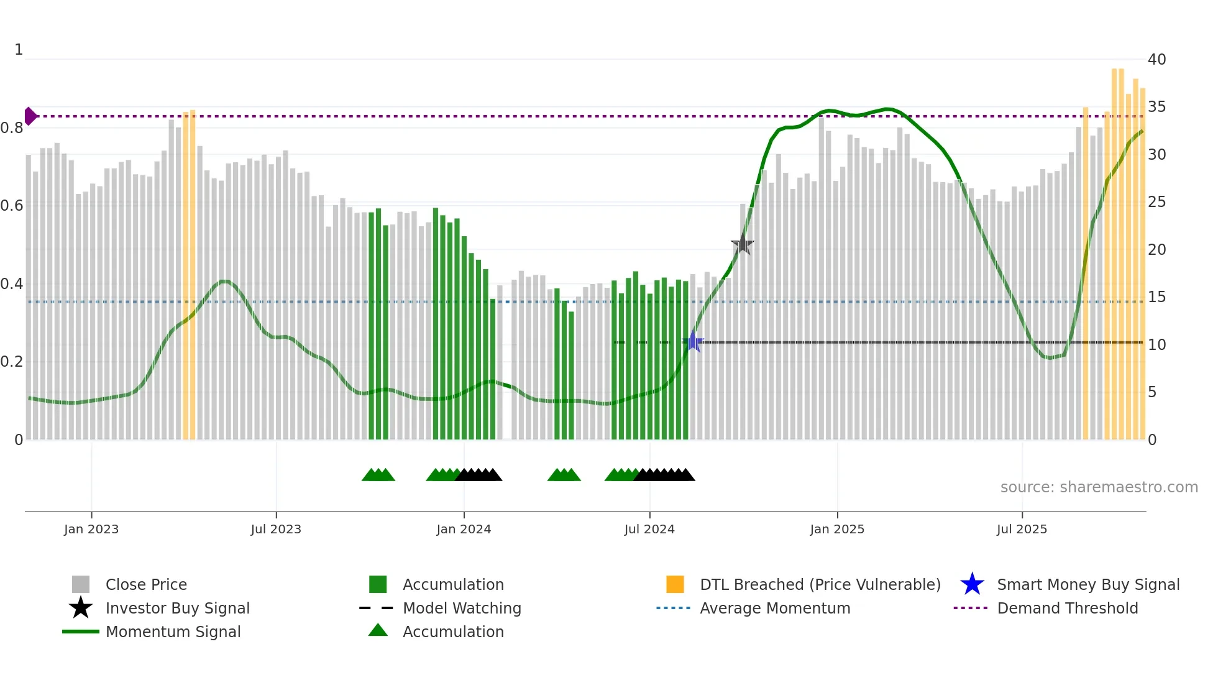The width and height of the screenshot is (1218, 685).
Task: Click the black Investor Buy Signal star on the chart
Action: click(x=742, y=245)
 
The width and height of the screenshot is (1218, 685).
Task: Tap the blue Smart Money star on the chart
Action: click(x=693, y=342)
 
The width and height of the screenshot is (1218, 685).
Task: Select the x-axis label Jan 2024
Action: click(x=464, y=529)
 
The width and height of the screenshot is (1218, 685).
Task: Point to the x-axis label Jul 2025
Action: click(x=1022, y=529)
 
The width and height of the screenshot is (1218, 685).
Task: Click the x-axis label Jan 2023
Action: click(x=91, y=529)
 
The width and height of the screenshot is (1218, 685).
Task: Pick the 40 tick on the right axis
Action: click(x=1156, y=60)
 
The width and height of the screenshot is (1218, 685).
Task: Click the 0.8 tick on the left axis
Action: click(x=12, y=128)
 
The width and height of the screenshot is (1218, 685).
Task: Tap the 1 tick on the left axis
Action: click(x=19, y=50)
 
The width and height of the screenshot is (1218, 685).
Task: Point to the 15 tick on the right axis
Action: click(x=1156, y=297)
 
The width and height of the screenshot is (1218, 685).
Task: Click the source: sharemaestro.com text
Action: click(x=1099, y=487)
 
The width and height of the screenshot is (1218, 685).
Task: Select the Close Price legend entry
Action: click(x=146, y=584)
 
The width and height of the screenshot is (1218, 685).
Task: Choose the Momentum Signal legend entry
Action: click(x=173, y=632)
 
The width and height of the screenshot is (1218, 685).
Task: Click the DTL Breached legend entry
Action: click(x=820, y=584)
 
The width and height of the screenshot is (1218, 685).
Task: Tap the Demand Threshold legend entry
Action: click(x=1067, y=608)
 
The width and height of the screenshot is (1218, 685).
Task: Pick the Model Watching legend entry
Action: click(x=461, y=608)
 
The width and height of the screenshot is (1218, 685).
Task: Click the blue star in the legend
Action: click(x=972, y=584)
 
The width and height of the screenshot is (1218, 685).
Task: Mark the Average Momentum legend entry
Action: click(x=774, y=608)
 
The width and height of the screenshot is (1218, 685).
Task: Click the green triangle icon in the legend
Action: click(x=378, y=630)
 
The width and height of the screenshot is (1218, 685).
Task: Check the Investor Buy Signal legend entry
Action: click(x=177, y=608)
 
